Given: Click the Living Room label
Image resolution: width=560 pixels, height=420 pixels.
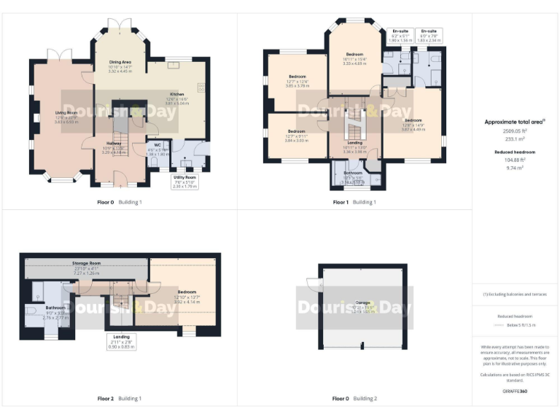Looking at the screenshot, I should tap(66, 112).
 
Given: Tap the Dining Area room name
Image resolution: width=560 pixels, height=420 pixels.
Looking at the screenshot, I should tap(120, 62).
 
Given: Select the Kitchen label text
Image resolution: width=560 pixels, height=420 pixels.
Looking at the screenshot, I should tap(177, 94).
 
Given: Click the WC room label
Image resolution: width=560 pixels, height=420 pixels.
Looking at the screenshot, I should tap(157, 144).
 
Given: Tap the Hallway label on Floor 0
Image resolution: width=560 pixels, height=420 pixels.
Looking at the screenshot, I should tap(113, 144).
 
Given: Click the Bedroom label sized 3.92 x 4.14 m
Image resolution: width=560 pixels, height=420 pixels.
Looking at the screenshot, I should tap(187, 292).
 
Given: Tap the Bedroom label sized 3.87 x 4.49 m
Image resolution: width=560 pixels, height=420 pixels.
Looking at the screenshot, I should tap(413, 120).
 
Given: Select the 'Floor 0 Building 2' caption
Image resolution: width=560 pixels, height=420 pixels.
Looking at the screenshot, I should tap(355, 399).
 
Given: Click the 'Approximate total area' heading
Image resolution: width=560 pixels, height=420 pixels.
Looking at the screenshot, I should tap(514, 122).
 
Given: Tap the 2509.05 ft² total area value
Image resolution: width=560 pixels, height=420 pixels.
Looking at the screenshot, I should tap(514, 131).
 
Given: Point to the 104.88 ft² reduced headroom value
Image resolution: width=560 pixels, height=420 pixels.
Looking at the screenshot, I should tap(514, 160).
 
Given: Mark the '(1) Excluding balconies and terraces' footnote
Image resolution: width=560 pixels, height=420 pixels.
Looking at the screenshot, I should tap(514, 294).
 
